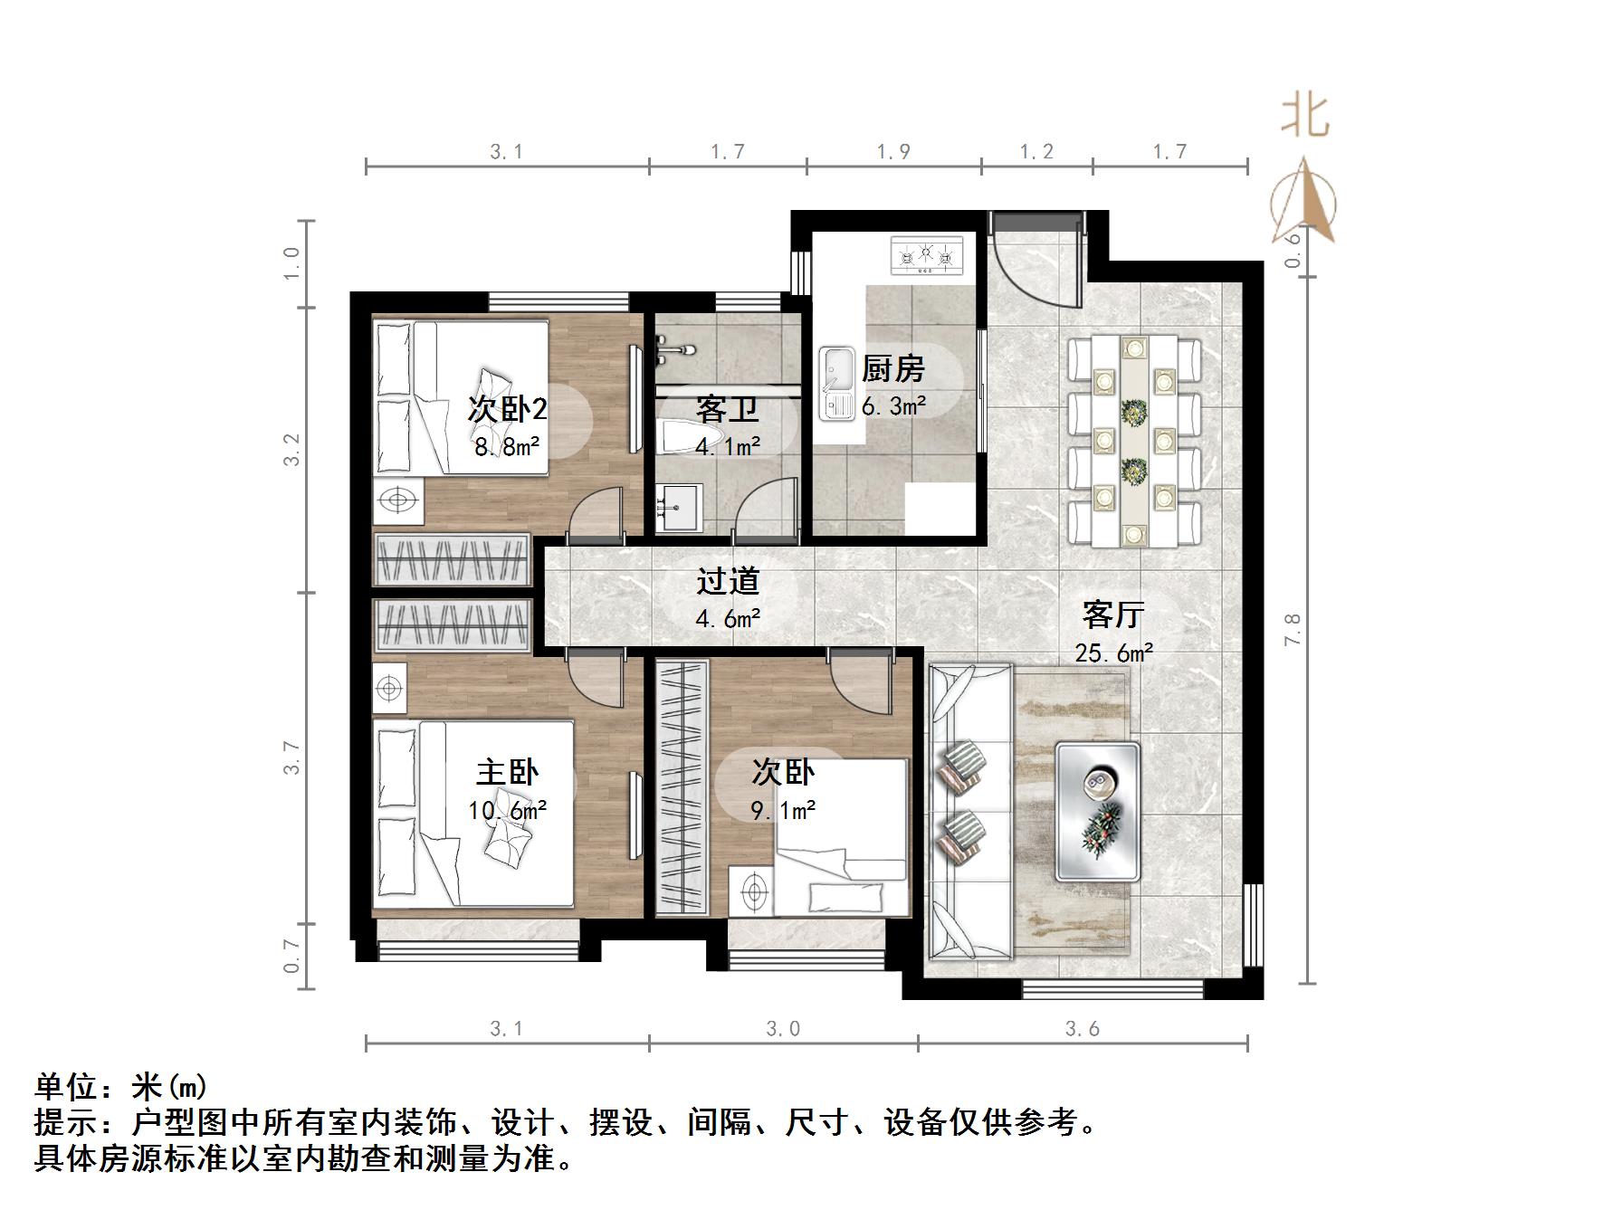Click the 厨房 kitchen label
pos(892,369)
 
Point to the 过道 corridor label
pos(728,581)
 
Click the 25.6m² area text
pos(1113,653)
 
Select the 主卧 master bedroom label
pos(507,772)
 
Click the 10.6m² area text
pos(507,810)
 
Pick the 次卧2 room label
pos(507,409)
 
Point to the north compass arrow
pos(1303,204)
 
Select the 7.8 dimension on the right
pos(1293,629)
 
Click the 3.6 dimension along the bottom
pos(1082,1029)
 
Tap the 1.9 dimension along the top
pos(892,152)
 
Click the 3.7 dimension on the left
pos(291,757)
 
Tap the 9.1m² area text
pos(783,810)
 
